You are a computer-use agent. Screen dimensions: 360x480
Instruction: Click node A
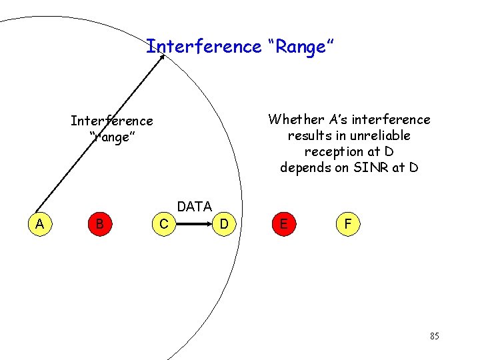click(x=40, y=224)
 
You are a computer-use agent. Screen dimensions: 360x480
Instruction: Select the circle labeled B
click(x=99, y=224)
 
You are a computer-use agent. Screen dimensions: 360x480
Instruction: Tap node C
click(x=163, y=225)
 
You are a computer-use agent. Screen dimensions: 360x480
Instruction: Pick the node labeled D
click(x=224, y=225)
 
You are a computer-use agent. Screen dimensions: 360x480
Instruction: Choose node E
click(x=284, y=224)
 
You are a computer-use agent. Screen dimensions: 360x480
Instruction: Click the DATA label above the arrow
click(x=194, y=207)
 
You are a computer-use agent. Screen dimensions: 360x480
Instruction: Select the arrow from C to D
click(x=193, y=225)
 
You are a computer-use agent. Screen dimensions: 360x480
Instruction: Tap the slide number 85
click(x=434, y=336)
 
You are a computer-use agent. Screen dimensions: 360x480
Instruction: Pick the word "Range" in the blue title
click(x=303, y=47)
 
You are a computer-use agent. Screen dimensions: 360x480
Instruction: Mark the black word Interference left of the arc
click(x=111, y=121)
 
